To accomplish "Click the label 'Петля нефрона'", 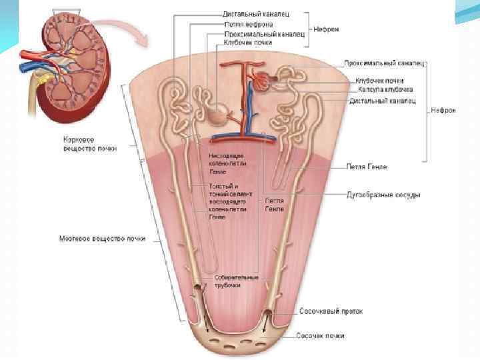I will [249, 24].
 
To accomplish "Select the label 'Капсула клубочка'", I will [385, 89].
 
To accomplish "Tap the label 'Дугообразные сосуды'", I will [383, 195].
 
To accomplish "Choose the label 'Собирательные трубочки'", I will [227, 281].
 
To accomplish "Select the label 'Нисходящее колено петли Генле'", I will [227, 163].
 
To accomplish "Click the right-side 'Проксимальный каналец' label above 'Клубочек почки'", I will [385, 63].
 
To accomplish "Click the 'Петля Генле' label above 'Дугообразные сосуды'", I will [366, 167].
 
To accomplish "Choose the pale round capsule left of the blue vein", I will [217, 115].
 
